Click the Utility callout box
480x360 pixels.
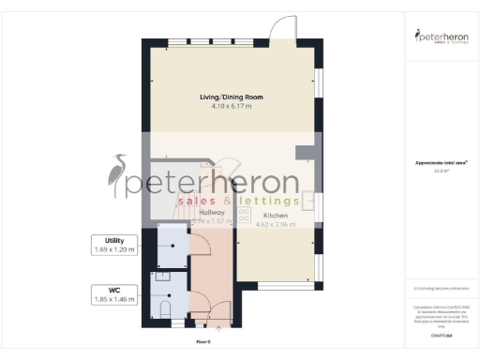point(114,246)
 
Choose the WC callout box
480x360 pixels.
point(114,294)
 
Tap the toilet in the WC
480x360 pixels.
point(166,308)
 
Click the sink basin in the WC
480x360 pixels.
point(160,277)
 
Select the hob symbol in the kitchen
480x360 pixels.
point(246,213)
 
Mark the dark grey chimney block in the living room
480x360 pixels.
point(304,152)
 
